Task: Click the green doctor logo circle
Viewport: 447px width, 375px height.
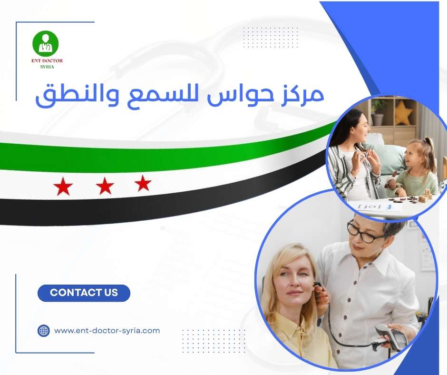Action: tap(45, 43)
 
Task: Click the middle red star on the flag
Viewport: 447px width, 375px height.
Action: tap(105, 187)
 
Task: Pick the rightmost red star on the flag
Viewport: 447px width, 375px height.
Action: tap(143, 183)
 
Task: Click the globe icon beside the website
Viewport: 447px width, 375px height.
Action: tap(44, 330)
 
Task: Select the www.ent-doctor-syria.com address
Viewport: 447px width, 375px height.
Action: tap(107, 330)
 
